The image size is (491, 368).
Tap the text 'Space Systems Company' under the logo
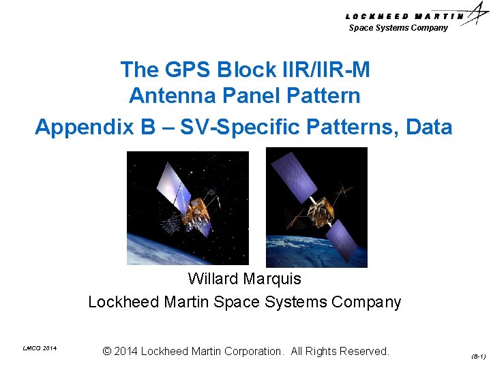click(398, 28)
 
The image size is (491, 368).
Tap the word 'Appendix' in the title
click(80, 127)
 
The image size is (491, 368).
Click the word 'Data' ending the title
click(429, 127)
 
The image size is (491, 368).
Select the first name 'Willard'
click(213, 279)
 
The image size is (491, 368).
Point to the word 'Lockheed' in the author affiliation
click(123, 302)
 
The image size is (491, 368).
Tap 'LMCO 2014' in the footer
click(40, 349)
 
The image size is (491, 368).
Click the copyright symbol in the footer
click(107, 352)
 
